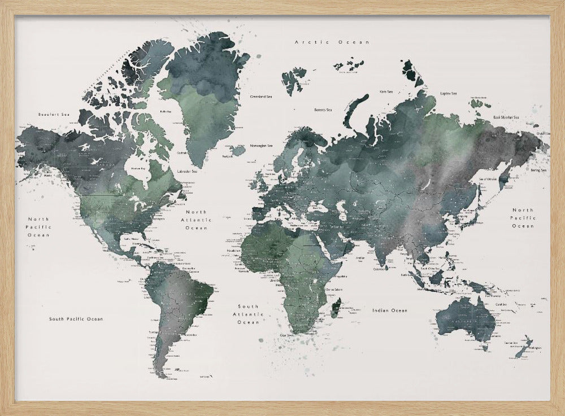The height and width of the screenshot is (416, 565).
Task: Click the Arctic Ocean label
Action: click(x=332, y=42)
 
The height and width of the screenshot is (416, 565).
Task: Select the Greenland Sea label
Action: click(x=261, y=97)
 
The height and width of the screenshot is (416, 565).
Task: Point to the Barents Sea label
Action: click(x=323, y=110)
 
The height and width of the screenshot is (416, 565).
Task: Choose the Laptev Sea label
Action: click(x=449, y=93)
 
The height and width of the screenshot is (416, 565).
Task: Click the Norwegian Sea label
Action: click(x=262, y=146)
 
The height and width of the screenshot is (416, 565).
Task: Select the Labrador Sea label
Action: click(x=187, y=171)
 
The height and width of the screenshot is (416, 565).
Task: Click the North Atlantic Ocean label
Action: click(x=197, y=220)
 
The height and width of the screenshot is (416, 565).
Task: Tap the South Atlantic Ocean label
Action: click(x=248, y=314)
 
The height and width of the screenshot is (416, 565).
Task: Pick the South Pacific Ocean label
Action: click(x=76, y=319)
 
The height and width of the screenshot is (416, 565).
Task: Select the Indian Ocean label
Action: click(x=389, y=310)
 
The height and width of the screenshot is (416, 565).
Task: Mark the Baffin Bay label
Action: click(x=165, y=112)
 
